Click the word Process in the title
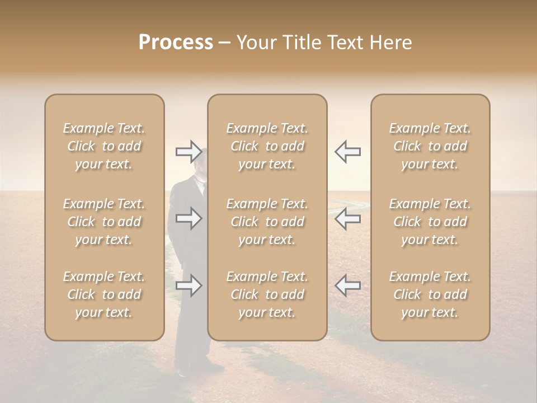click(176, 43)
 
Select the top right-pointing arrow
click(189, 151)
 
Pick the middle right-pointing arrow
click(189, 218)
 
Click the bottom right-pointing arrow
click(189, 285)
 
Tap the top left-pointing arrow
click(347, 151)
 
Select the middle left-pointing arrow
click(347, 218)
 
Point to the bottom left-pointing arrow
click(347, 285)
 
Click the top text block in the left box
click(104, 146)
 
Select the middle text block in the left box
click(104, 222)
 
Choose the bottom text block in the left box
click(104, 294)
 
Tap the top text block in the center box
click(267, 146)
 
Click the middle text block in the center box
click(267, 222)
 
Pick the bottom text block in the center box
click(267, 294)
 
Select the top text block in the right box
click(430, 146)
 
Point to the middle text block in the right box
click(430, 222)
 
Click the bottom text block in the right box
click(430, 294)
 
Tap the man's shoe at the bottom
click(181, 372)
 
